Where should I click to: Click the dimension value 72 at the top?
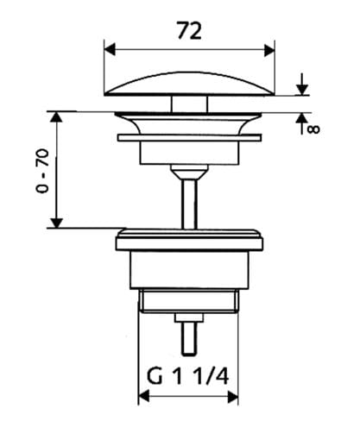click(x=189, y=31)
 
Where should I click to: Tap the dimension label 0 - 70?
click(x=42, y=171)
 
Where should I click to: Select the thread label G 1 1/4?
click(x=188, y=377)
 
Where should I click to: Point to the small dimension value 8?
click(x=313, y=129)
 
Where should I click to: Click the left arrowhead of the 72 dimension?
click(x=110, y=50)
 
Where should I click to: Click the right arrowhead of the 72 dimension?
click(x=269, y=50)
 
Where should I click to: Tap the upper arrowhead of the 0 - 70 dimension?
click(x=57, y=117)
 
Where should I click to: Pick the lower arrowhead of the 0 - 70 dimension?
click(x=57, y=223)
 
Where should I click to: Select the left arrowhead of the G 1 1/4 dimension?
click(x=144, y=397)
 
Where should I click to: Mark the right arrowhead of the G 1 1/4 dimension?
click(x=232, y=397)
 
